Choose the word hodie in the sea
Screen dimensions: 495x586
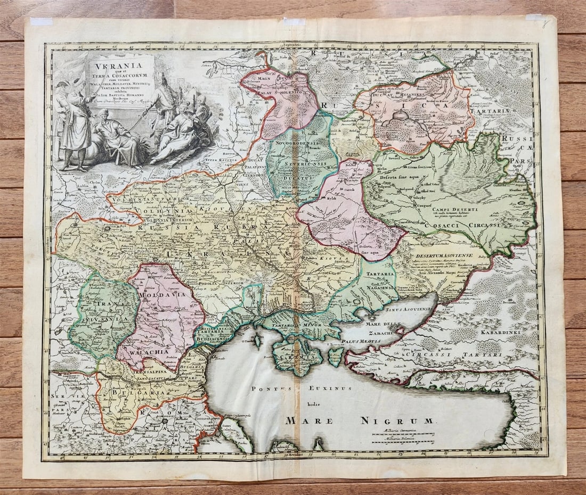point(319,404)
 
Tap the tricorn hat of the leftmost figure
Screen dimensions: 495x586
point(60,84)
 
